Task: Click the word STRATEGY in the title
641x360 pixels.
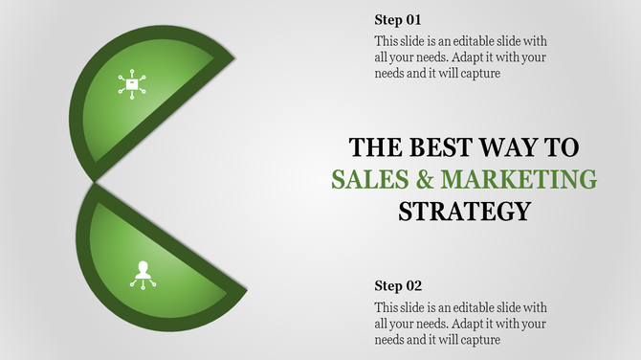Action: pyautogui.click(x=464, y=211)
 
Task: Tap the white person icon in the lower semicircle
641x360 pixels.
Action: pyautogui.click(x=144, y=275)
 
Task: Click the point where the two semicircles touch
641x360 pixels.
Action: pyautogui.click(x=93, y=182)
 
